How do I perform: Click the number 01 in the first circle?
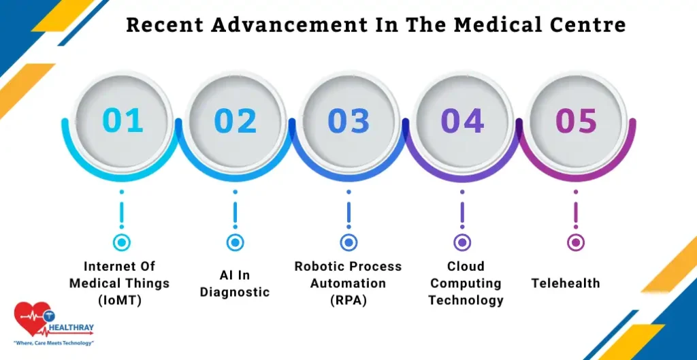[123, 121]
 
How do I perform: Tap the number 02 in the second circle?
[236, 121]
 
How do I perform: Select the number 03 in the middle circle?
[348, 121]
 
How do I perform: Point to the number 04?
[462, 121]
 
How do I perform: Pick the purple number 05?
[576, 121]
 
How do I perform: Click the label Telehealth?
[566, 282]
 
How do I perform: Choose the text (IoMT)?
[119, 300]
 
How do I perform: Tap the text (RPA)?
[348, 300]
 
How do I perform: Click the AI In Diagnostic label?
[235, 284]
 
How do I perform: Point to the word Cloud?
[465, 266]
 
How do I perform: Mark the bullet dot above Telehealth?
[576, 242]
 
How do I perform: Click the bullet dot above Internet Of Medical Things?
[122, 242]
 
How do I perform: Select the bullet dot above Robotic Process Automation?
[348, 242]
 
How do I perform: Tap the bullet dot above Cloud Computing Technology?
[462, 242]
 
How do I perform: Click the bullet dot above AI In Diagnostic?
[235, 242]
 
